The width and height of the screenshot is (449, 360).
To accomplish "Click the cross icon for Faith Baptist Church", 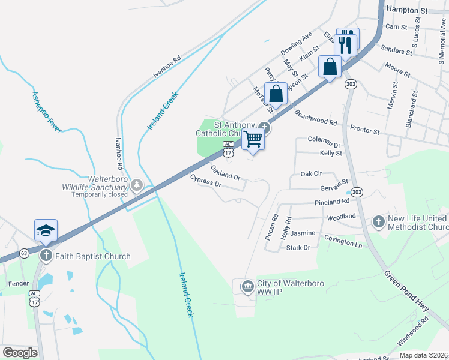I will pyautogui.click(x=46, y=256).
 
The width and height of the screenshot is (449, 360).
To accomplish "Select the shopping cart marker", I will pyautogui.click(x=253, y=139).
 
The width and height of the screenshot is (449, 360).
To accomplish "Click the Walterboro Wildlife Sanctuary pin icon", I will pyautogui.click(x=138, y=184).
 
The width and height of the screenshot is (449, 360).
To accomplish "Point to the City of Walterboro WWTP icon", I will pyautogui.click(x=247, y=287).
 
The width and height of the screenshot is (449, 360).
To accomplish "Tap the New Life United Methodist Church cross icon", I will pyautogui.click(x=378, y=222).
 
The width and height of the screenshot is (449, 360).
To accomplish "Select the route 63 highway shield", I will pyautogui.click(x=23, y=253).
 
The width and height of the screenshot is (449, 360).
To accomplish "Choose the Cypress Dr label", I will pyautogui.click(x=206, y=181).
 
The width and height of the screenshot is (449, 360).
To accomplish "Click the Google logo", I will pyautogui.click(x=20, y=353).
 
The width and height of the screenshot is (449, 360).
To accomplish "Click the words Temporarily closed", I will pyautogui.click(x=100, y=194).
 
